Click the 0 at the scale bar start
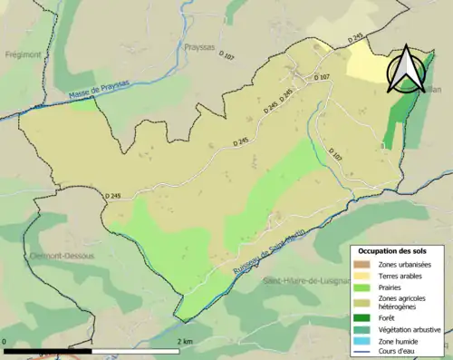coord(5,341)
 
